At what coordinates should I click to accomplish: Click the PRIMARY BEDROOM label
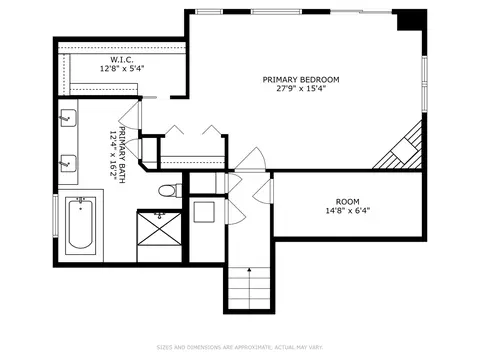click(x=301, y=80)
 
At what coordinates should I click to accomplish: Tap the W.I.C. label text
click(x=122, y=60)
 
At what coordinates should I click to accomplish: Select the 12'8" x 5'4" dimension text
click(x=122, y=69)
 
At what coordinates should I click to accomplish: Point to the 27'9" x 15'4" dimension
click(x=301, y=89)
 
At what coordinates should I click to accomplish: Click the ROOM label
click(x=348, y=202)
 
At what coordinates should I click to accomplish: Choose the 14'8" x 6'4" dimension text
click(x=348, y=211)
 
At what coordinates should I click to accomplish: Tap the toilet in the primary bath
click(x=170, y=191)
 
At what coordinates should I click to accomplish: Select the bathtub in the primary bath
click(x=80, y=223)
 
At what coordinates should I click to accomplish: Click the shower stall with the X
click(x=159, y=228)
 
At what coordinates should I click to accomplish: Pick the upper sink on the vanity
click(x=68, y=118)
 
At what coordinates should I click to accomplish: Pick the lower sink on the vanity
click(x=68, y=164)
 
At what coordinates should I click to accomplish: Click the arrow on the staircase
click(x=249, y=288)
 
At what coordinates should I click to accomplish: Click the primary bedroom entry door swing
click(x=250, y=159)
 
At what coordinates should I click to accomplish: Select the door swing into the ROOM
click(x=263, y=191)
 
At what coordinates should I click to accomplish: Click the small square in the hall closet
click(x=204, y=212)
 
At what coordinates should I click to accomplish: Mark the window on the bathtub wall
click(x=55, y=216)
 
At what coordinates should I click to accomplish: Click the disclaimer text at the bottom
click(x=240, y=347)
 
